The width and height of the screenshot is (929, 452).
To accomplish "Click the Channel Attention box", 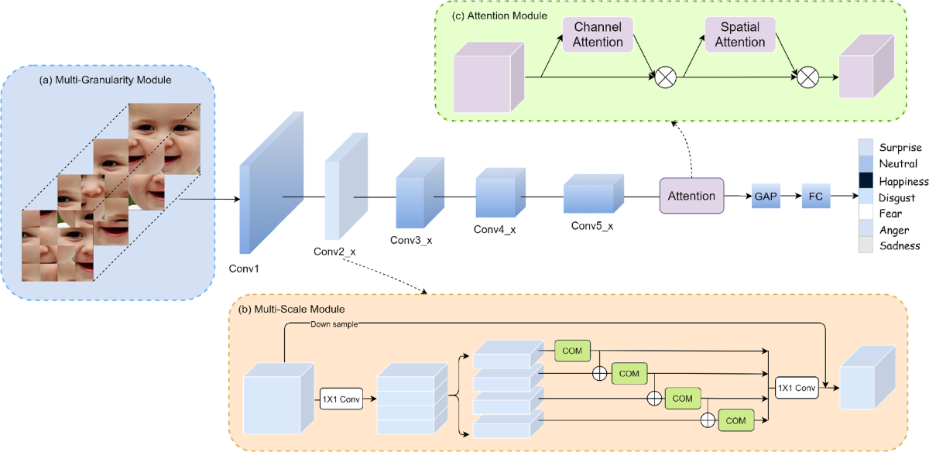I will [598, 34].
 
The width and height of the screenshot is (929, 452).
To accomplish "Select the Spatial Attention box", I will [740, 34].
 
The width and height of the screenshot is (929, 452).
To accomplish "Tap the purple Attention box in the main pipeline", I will [691, 195].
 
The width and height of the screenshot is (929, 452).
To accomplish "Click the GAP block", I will [764, 197].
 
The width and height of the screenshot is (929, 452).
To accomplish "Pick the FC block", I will [815, 197].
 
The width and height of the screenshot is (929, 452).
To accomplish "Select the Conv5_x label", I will [592, 226].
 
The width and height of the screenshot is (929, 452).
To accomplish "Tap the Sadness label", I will [900, 246].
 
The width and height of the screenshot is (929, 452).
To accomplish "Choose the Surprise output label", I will [900, 147].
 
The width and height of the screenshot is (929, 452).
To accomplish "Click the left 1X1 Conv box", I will [341, 399].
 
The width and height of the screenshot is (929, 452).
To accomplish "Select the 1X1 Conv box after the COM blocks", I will [797, 386].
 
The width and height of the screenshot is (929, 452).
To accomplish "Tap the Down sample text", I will [335, 324].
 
